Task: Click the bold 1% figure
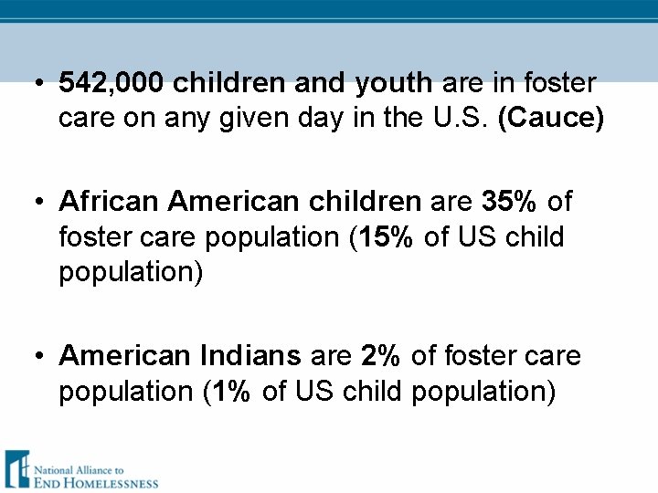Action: coord(231,392)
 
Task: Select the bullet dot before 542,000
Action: coord(38,85)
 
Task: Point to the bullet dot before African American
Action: coord(38,202)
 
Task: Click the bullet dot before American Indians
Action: coord(38,356)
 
